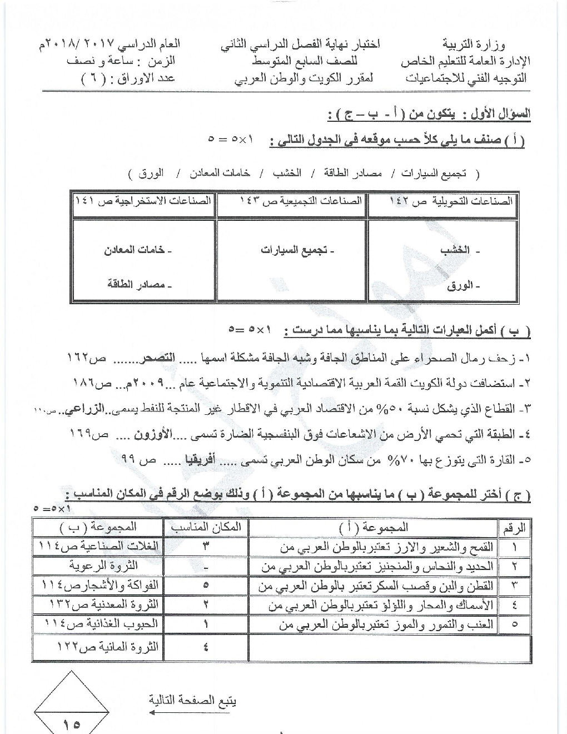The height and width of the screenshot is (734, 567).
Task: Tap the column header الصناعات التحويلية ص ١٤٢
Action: pyautogui.click(x=442, y=201)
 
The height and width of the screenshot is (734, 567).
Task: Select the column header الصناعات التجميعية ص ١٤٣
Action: pyautogui.click(x=290, y=200)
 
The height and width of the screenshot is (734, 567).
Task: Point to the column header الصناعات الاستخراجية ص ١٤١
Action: pyautogui.click(x=143, y=200)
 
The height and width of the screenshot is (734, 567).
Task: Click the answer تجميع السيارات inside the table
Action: pyautogui.click(x=297, y=250)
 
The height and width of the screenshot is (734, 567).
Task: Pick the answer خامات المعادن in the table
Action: pyautogui.click(x=138, y=250)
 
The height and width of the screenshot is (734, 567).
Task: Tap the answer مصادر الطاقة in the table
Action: pyautogui.click(x=140, y=284)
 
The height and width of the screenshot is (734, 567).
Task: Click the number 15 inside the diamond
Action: pyautogui.click(x=72, y=724)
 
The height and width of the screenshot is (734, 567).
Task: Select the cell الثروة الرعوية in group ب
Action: pyautogui.click(x=103, y=566)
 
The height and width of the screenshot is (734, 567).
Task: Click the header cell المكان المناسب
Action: pyautogui.click(x=206, y=527)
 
